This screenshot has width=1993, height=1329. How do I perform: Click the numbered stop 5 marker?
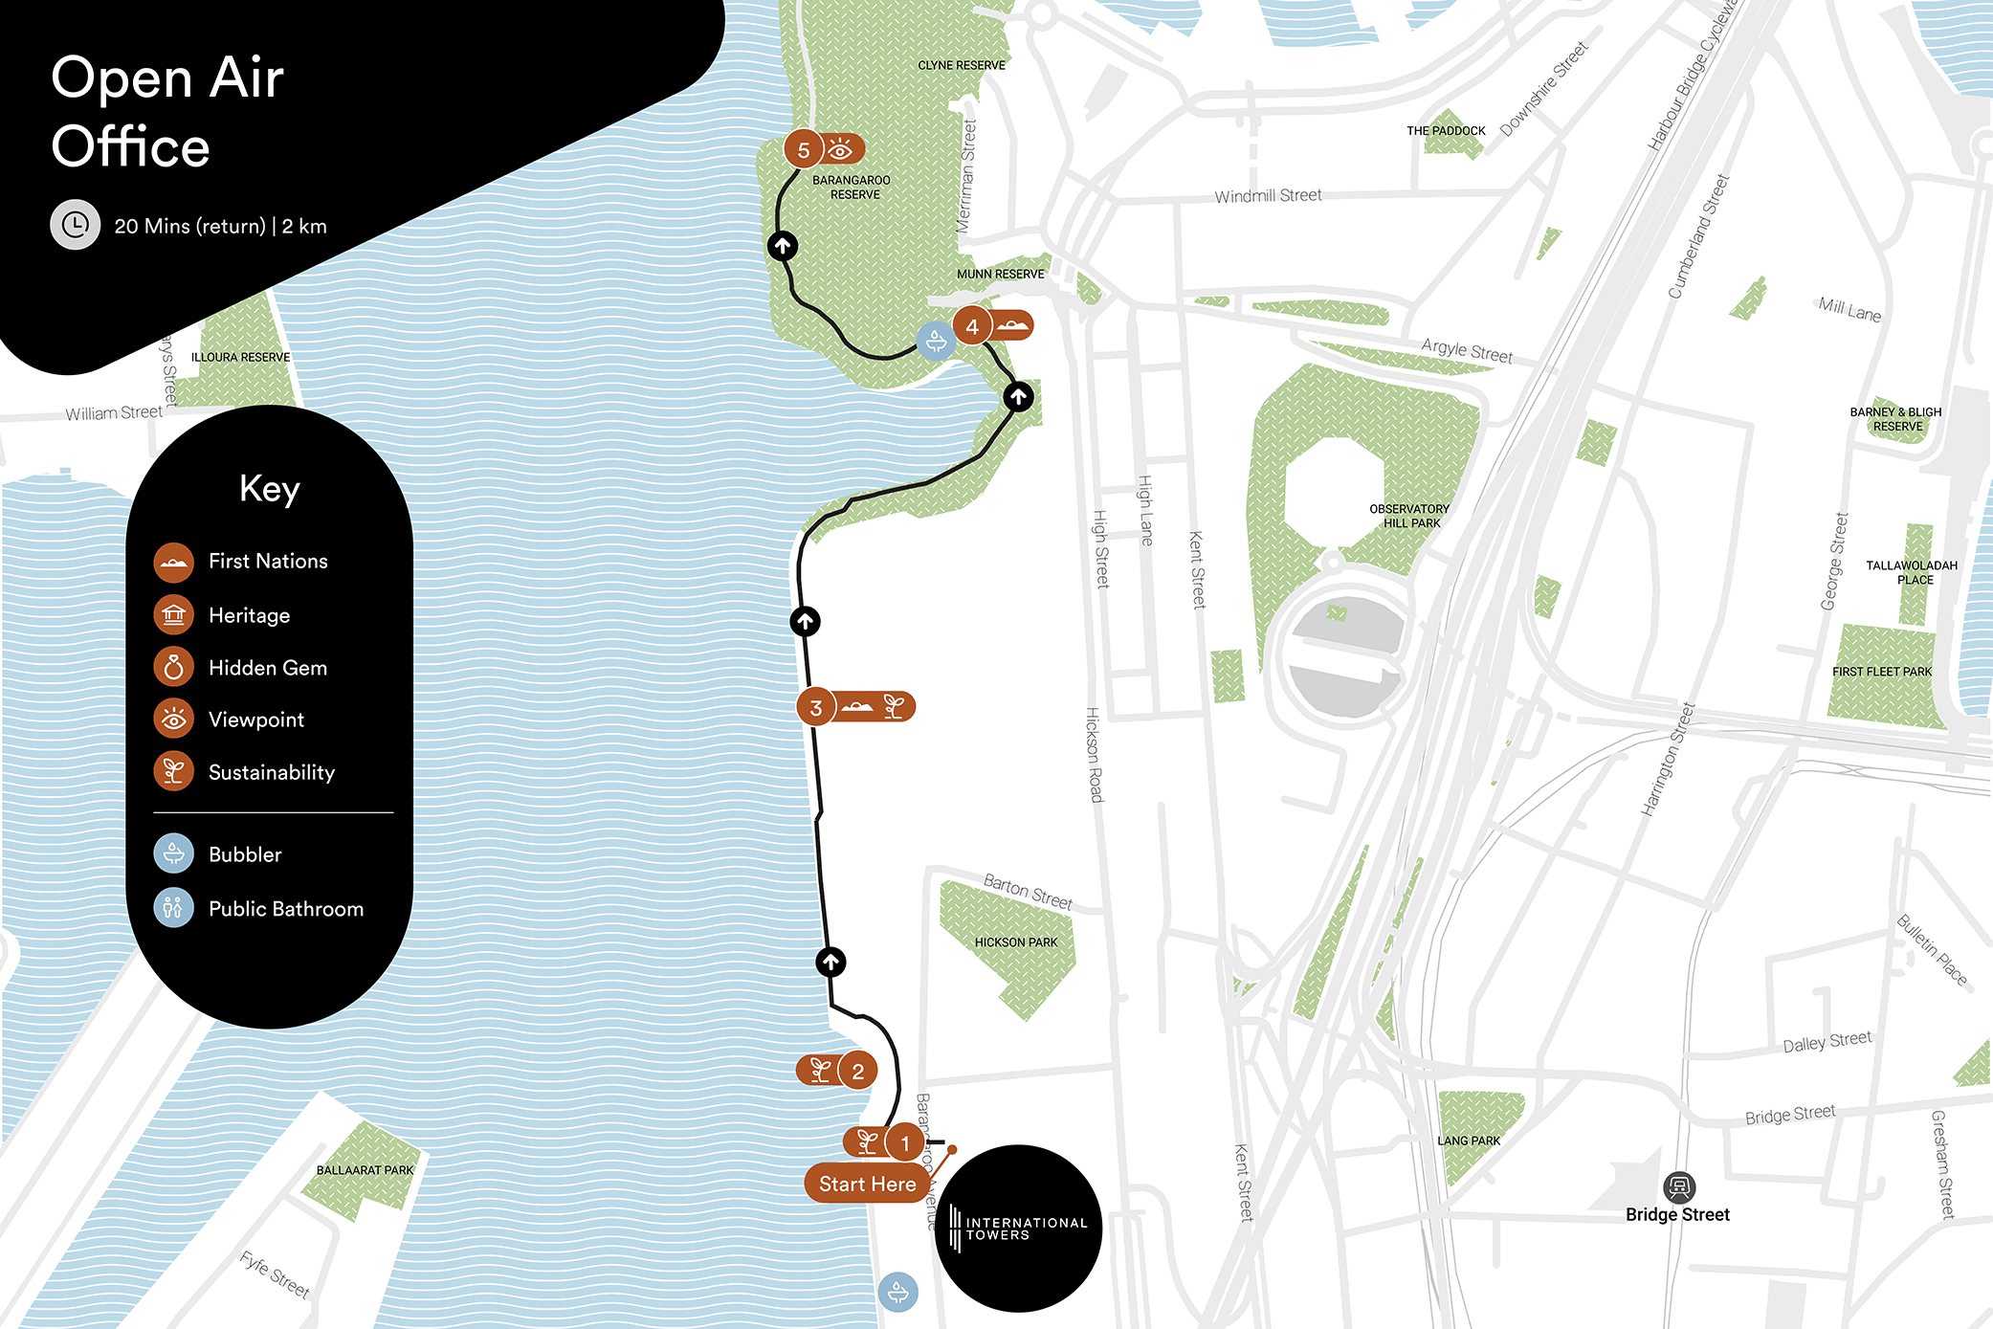[x=804, y=150]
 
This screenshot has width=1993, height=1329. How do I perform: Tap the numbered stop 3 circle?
[x=816, y=708]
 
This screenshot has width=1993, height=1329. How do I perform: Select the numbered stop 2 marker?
[x=857, y=1071]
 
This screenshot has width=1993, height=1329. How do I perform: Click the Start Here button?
[x=867, y=1184]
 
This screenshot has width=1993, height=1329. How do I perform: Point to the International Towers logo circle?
[x=1018, y=1229]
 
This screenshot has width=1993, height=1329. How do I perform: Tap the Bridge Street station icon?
[x=1678, y=1187]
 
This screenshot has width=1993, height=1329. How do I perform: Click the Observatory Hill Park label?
[x=1409, y=516]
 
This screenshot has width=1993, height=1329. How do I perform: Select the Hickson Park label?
[x=1016, y=942]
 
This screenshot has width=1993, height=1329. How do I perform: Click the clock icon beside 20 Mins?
[x=75, y=225]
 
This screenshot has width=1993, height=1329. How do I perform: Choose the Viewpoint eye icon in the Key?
[x=174, y=720]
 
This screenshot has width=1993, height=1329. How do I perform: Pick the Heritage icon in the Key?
[x=174, y=615]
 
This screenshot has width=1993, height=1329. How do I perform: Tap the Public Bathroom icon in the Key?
[x=174, y=908]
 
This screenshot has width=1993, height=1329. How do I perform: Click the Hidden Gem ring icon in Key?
[x=174, y=668]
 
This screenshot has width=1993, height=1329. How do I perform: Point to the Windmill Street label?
[x=1268, y=196]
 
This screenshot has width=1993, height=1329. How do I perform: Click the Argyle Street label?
[x=1466, y=351]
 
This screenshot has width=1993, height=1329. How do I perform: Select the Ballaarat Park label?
[x=365, y=1170]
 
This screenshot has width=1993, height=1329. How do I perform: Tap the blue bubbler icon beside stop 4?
[x=936, y=341]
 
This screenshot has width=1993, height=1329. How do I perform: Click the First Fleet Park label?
[x=1882, y=672]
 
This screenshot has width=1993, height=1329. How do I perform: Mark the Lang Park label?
[x=1469, y=1141]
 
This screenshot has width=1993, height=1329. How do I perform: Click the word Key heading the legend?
[x=270, y=489]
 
